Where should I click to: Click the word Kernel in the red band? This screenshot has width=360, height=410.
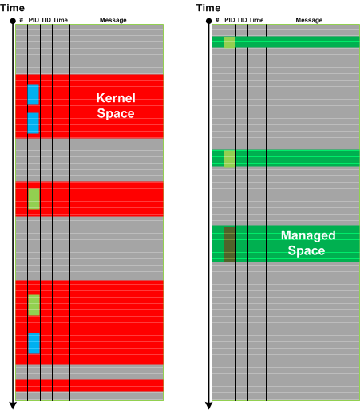(x=116, y=98)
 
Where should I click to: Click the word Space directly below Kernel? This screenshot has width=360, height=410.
(x=116, y=113)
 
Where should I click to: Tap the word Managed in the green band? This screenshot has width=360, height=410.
(x=308, y=235)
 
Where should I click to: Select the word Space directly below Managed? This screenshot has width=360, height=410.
(x=307, y=250)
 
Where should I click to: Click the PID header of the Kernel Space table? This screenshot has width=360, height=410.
(x=34, y=20)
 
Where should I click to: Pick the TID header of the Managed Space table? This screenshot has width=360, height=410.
(x=242, y=20)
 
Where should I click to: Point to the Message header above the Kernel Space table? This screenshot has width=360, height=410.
(x=113, y=20)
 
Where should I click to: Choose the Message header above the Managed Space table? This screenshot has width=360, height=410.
(x=309, y=20)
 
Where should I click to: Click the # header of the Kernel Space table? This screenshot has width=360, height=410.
(x=22, y=20)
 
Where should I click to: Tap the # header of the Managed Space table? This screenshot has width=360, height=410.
(x=217, y=20)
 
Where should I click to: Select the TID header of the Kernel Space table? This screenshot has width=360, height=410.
(x=45, y=20)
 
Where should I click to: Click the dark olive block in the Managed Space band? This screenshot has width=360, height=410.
(x=230, y=244)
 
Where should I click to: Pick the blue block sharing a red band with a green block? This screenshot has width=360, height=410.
(x=34, y=343)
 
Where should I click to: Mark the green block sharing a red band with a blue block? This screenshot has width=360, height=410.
(x=34, y=305)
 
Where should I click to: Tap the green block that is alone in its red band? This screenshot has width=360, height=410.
(x=34, y=199)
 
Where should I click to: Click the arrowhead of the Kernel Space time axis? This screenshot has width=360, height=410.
(x=13, y=406)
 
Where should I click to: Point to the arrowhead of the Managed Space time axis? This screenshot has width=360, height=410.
(x=209, y=406)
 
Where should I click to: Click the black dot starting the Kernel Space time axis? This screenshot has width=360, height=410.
(x=13, y=21)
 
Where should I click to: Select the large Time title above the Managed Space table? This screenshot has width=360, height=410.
(x=208, y=8)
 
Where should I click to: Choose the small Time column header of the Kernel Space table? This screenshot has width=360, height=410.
(x=60, y=20)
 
